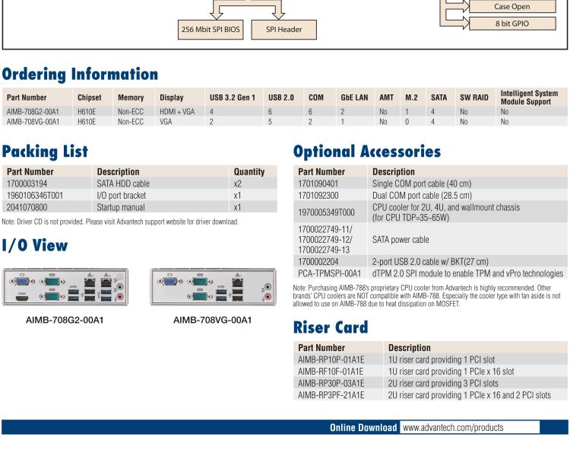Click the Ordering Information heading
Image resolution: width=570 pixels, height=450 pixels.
pos(79,75)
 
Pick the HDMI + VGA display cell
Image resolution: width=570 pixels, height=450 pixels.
pos(176,110)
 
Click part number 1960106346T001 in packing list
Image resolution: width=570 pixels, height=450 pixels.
pos(36,196)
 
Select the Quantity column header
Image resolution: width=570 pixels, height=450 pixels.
pos(249,172)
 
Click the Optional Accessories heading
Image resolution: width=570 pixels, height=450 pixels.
pos(367,152)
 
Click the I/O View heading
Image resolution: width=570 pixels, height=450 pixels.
pos(35,246)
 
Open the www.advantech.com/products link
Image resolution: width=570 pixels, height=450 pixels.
pos(452,427)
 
